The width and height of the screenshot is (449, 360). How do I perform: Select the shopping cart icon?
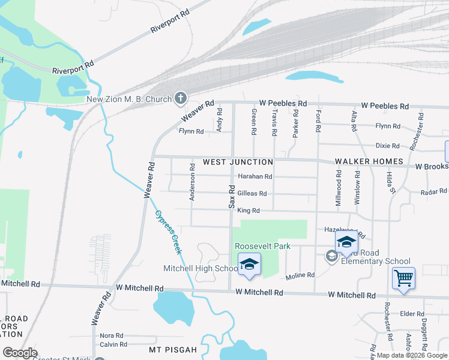(x=404, y=278)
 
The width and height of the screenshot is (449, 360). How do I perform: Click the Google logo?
(x=20, y=353)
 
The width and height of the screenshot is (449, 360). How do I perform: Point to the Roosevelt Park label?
(x=262, y=246)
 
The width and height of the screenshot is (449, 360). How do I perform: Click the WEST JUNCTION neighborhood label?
(x=238, y=162)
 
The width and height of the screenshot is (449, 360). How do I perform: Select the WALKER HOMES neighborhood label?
(x=368, y=162)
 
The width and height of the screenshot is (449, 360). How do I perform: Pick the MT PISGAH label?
(x=173, y=349)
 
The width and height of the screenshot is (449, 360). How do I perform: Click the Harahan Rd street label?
(x=255, y=176)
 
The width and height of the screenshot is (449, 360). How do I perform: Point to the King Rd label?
(x=248, y=211)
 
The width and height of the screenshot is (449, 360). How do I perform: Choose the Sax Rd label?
(x=231, y=196)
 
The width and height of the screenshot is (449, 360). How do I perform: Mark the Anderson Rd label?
(x=193, y=183)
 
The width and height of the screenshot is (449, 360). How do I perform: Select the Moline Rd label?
(x=300, y=275)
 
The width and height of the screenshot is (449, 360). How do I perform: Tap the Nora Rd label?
(x=112, y=335)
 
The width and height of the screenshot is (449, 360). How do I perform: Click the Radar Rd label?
(x=433, y=191)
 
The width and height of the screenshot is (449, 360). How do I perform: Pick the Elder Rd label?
(x=412, y=314)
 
